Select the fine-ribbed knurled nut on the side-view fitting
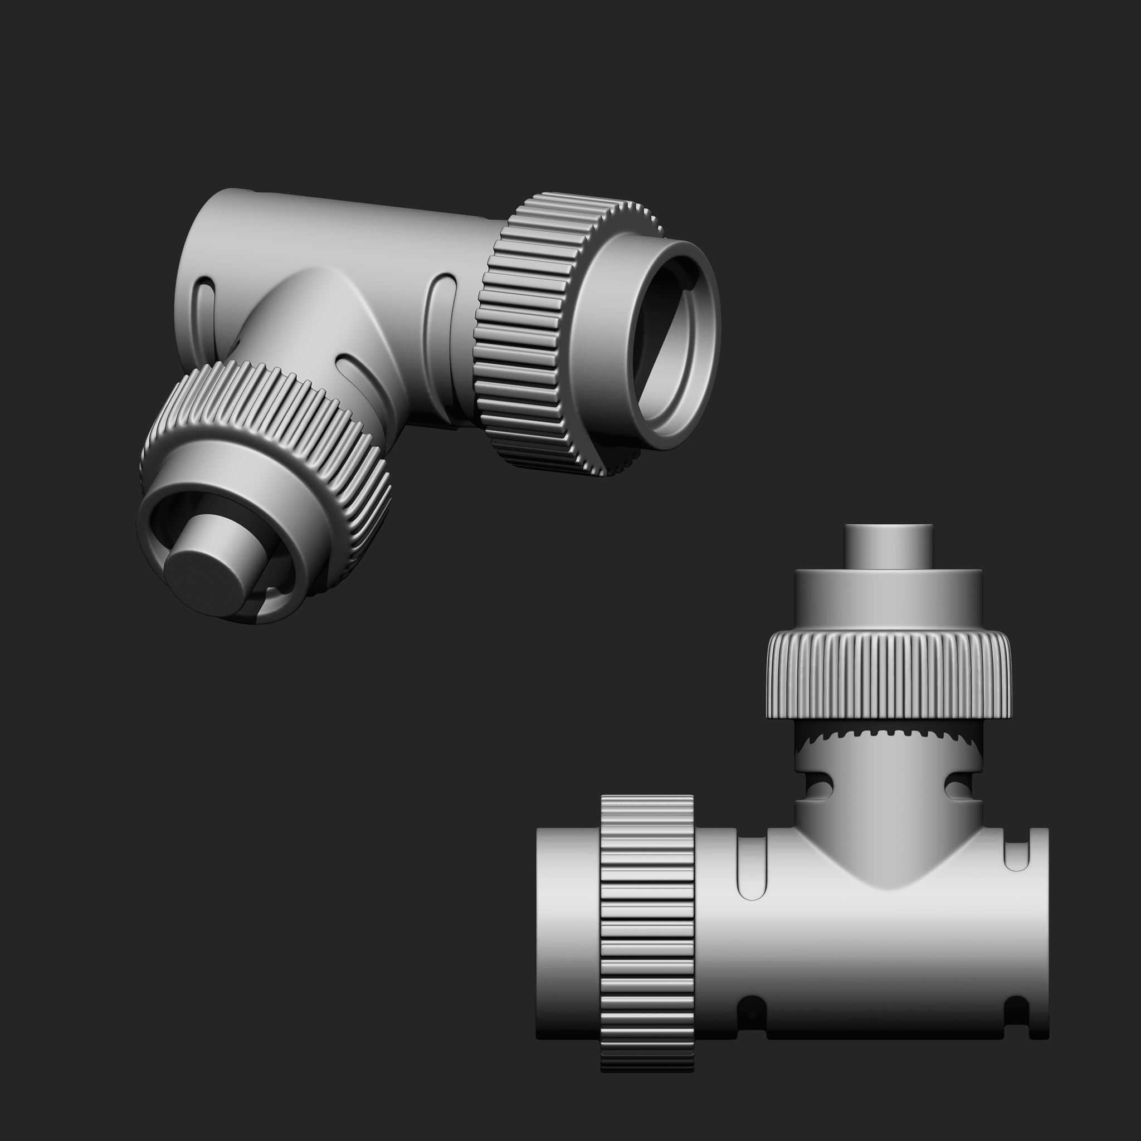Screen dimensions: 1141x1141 (x=889, y=673)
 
